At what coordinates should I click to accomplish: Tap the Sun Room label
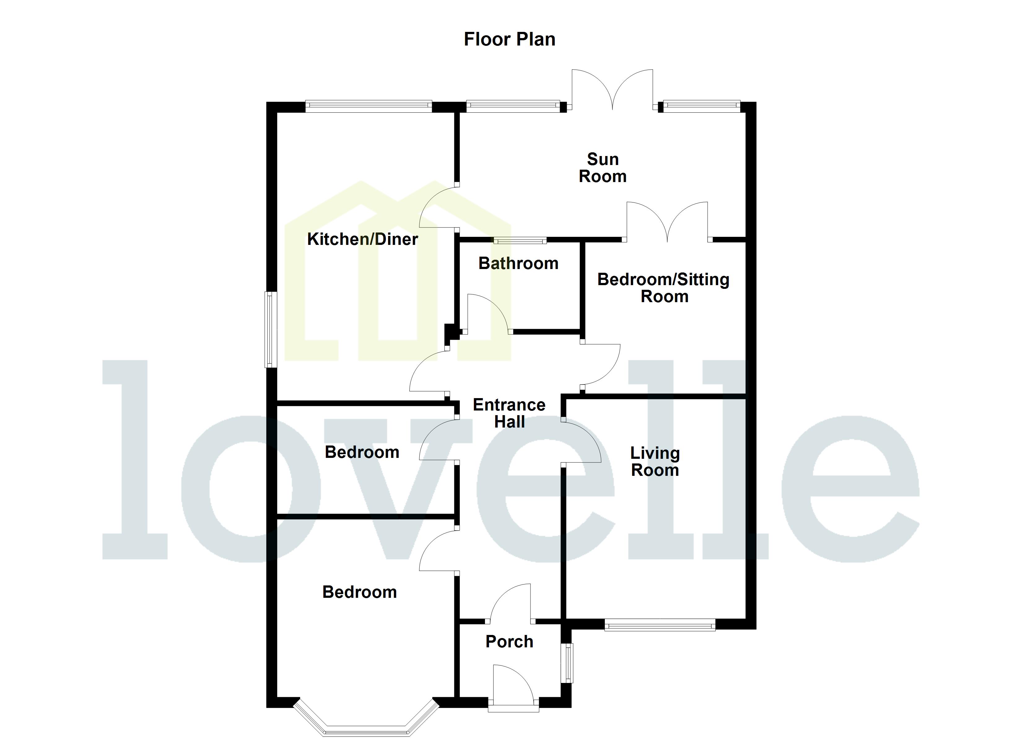pos(602,167)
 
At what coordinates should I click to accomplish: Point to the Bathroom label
pos(518,263)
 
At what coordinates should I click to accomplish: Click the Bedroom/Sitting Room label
pos(663,288)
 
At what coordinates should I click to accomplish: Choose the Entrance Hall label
pos(509,413)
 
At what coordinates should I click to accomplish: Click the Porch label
pos(509,642)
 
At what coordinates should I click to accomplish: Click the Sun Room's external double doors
pos(612,90)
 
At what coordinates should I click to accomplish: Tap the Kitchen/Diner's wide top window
pos(368,106)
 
